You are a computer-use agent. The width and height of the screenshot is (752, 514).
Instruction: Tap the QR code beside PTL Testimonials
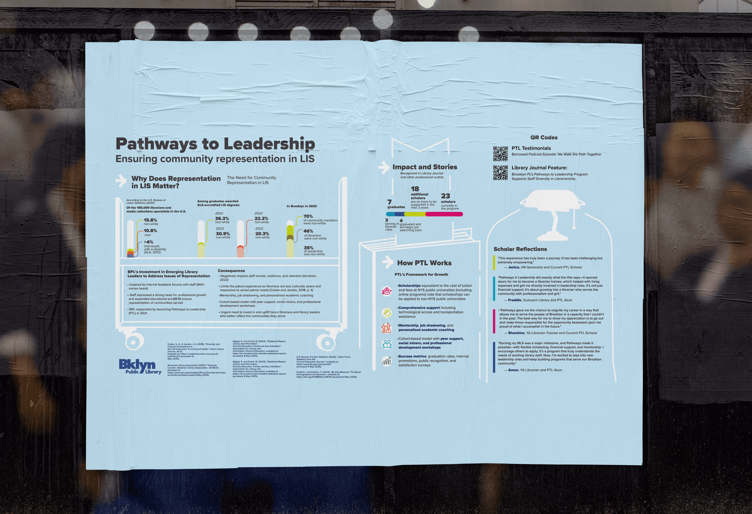[500, 154]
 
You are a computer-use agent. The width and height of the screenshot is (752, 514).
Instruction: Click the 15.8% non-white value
[150, 220]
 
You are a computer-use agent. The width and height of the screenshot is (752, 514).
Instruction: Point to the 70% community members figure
[308, 216]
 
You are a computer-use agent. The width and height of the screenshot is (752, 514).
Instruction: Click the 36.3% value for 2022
[222, 219]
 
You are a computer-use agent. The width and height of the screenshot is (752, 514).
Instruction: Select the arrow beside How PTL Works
[387, 262]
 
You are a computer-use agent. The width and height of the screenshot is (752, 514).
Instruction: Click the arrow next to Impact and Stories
[384, 167]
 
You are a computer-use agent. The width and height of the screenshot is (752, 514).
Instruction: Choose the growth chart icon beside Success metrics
[386, 361]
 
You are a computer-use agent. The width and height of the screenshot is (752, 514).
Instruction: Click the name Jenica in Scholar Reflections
[514, 267]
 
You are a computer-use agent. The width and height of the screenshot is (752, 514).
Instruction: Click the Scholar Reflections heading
[520, 249]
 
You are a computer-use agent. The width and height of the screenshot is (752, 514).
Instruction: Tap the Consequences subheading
[231, 271]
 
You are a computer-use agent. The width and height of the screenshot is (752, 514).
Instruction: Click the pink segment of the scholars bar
[444, 214]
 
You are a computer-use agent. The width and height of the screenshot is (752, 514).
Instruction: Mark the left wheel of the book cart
[133, 342]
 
